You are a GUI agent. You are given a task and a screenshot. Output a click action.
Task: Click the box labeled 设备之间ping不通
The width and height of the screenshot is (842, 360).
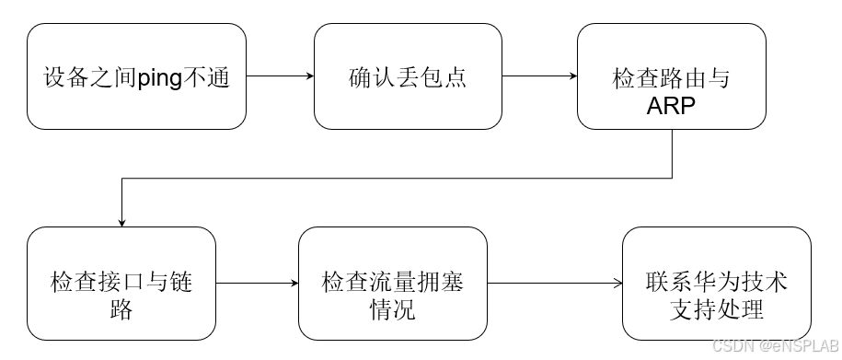(x=136, y=76)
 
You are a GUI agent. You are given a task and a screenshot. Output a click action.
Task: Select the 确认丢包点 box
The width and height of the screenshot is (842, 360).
(x=408, y=76)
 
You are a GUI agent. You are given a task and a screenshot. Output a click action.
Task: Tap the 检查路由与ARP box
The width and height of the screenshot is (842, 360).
(x=671, y=76)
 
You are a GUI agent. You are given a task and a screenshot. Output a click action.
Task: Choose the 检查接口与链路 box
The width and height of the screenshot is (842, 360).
(x=121, y=284)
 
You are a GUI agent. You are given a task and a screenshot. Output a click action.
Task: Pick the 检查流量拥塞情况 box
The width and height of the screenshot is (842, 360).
(x=392, y=284)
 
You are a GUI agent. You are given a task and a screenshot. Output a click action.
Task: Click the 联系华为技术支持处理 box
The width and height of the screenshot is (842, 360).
(x=716, y=284)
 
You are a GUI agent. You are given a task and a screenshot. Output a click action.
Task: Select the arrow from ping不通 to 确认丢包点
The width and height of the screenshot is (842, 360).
(x=280, y=76)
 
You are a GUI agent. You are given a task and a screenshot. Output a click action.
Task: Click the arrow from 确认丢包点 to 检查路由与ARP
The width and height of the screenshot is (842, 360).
(x=539, y=76)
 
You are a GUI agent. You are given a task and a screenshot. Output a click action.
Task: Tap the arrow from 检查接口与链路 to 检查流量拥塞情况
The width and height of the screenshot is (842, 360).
(x=257, y=284)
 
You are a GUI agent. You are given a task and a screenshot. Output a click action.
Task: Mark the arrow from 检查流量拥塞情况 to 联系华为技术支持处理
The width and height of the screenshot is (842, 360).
(x=554, y=284)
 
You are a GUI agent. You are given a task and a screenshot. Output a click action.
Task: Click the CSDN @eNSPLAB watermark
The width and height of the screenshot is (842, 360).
(x=776, y=345)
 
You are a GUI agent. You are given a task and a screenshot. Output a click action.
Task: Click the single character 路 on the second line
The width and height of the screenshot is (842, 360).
(x=121, y=308)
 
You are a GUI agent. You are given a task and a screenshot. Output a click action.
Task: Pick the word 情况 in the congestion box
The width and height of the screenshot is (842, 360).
(x=392, y=308)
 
